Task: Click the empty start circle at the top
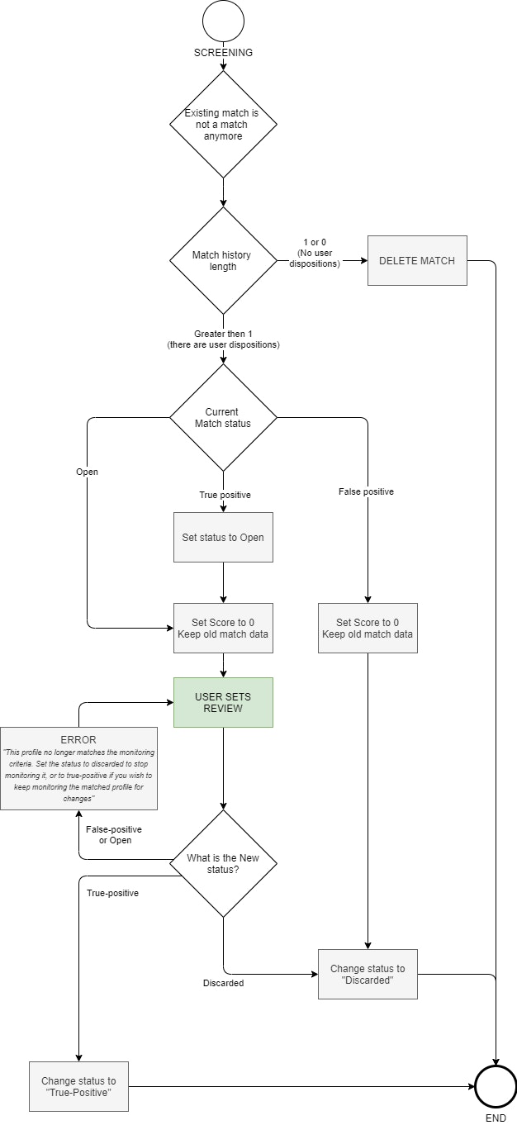223,21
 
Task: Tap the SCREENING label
223,52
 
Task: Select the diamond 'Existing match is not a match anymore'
223,125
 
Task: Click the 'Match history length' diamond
223,260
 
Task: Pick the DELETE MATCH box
417,261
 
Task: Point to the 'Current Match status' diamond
223,417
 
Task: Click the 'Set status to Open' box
223,537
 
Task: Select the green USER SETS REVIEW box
223,702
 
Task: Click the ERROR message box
78,768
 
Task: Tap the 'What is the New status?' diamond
223,863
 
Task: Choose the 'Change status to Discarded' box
368,974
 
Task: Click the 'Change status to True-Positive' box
78,1086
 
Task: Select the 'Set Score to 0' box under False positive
368,628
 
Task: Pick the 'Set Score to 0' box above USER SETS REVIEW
223,628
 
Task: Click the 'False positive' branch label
366,491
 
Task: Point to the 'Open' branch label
87,472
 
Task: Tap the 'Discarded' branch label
223,983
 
